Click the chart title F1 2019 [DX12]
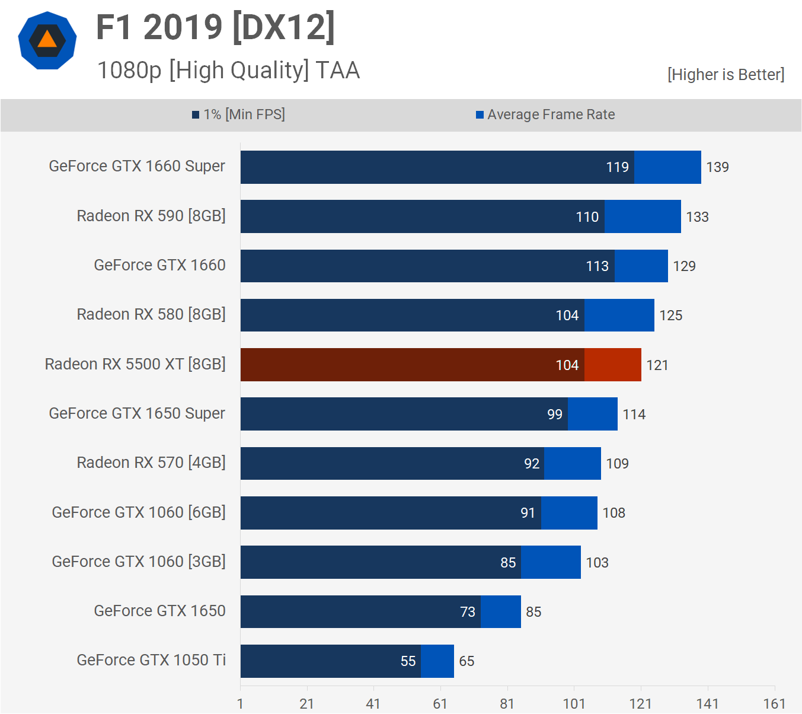point(216,27)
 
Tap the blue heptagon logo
point(47,40)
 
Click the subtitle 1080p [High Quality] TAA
point(228,70)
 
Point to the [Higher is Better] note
point(726,75)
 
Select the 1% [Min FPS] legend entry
point(238,114)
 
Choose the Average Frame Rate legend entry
point(545,114)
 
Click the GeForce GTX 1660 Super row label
point(137,166)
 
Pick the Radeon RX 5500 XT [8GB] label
point(135,364)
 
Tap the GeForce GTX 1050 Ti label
point(151,660)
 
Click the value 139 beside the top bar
point(717,167)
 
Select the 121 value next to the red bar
point(657,365)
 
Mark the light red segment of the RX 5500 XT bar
point(612,365)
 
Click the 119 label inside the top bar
point(617,167)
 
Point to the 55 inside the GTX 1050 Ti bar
point(408,661)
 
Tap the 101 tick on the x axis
point(574,704)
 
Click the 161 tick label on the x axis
point(774,704)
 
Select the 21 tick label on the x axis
point(306,704)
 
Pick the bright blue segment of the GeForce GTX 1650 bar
point(500,611)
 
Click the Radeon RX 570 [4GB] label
point(151,463)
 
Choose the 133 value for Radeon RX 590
point(697,217)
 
